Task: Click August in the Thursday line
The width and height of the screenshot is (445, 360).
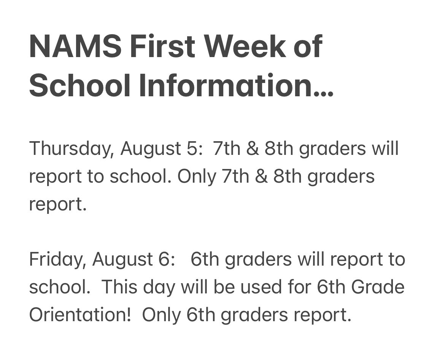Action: click(152, 149)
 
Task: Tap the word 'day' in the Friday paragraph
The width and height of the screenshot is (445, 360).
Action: click(159, 288)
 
